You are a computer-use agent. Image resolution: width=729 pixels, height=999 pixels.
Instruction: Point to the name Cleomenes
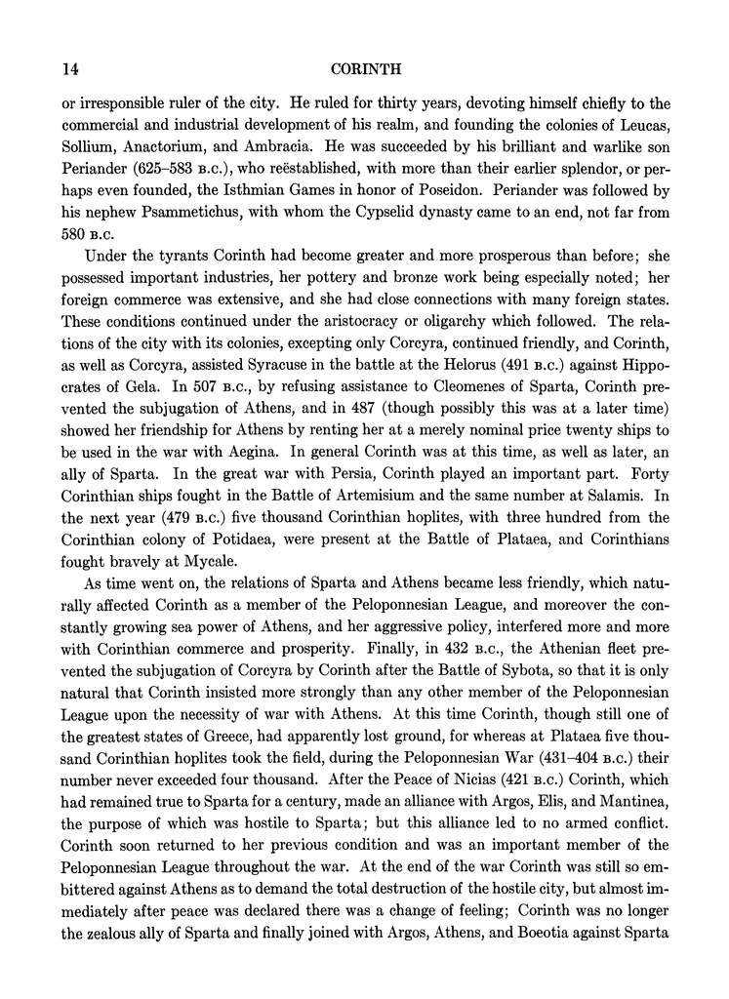tap(445, 401)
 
